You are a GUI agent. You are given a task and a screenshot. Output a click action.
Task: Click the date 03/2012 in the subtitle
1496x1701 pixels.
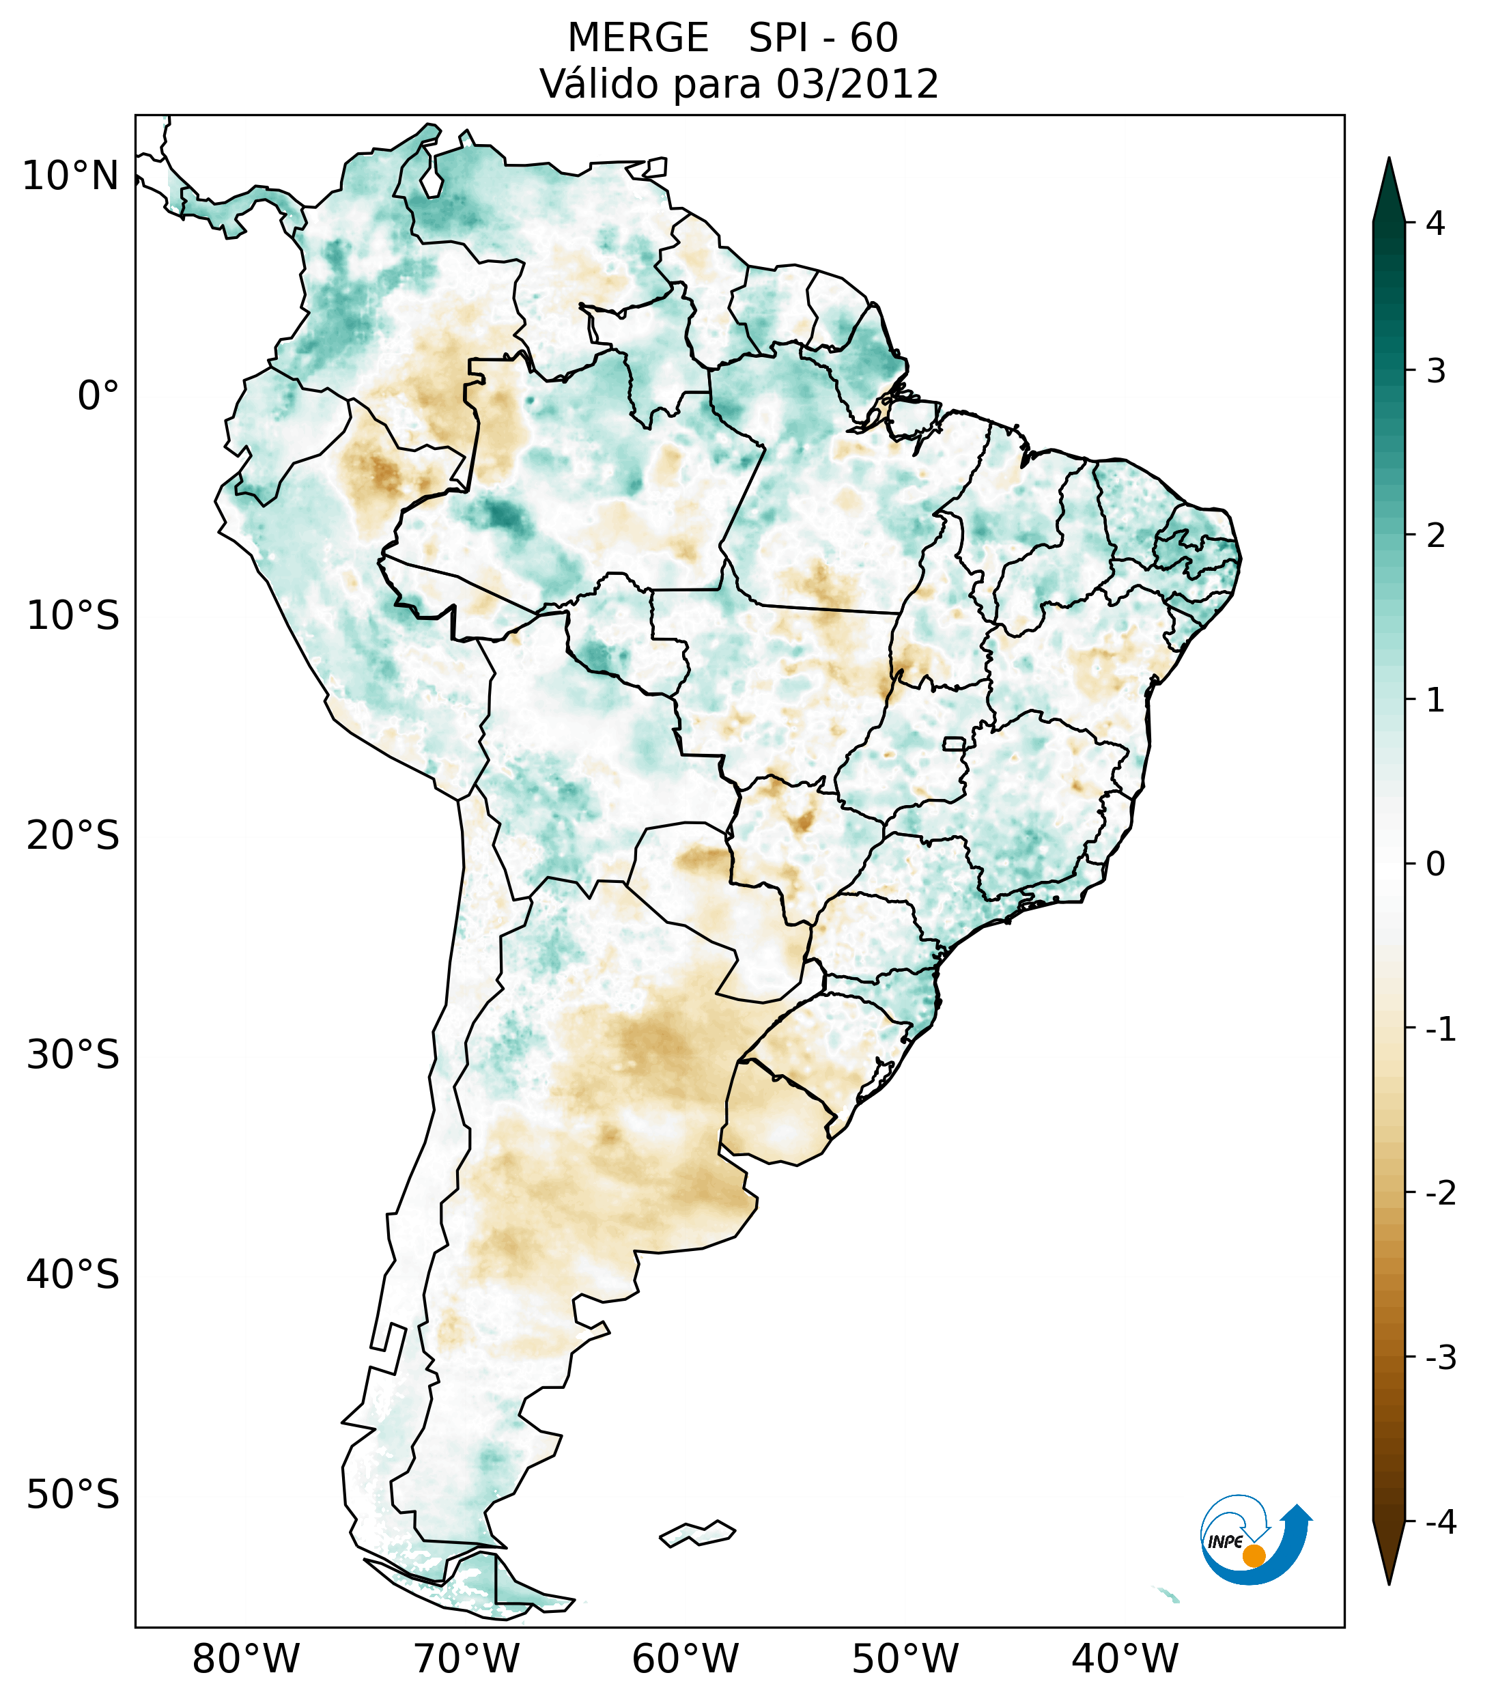coord(857,84)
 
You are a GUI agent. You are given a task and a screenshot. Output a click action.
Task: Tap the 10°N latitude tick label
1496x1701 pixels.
coord(71,176)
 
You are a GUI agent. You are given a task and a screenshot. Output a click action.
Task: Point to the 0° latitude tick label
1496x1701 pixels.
coord(98,396)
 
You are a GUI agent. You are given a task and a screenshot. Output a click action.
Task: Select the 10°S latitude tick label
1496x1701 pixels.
coord(73,616)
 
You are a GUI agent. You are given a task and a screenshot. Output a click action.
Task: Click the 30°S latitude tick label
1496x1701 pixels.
coord(73,1055)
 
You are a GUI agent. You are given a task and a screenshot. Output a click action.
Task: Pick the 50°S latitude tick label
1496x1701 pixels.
coord(73,1495)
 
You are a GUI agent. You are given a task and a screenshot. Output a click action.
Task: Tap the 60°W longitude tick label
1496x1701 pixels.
coord(685,1659)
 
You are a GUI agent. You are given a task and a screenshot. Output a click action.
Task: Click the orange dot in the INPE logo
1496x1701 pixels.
coord(1254,1556)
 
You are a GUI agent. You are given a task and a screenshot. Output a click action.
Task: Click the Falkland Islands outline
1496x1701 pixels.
coord(697,1534)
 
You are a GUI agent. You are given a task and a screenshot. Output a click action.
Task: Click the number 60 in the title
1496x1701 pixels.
coord(874,38)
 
